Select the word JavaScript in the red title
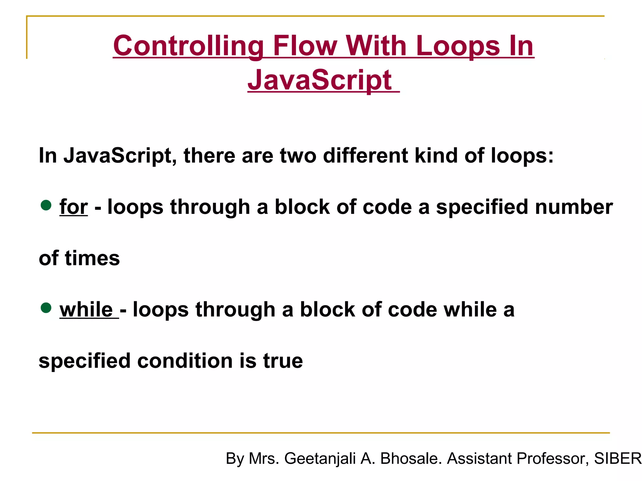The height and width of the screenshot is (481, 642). (x=320, y=80)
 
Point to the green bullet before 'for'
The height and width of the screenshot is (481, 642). (x=46, y=205)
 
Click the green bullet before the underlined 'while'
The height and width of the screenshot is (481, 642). (x=46, y=308)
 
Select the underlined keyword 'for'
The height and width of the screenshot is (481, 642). (x=74, y=207)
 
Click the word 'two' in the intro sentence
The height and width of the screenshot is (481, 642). (x=298, y=156)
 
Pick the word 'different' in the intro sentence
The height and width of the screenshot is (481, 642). (x=366, y=156)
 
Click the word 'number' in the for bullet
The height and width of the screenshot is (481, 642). (x=574, y=207)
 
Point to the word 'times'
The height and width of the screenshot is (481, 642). (x=92, y=258)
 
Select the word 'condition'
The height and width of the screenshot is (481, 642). (x=185, y=361)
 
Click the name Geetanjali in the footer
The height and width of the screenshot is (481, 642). (x=320, y=459)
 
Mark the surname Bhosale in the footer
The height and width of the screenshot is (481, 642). (x=411, y=459)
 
